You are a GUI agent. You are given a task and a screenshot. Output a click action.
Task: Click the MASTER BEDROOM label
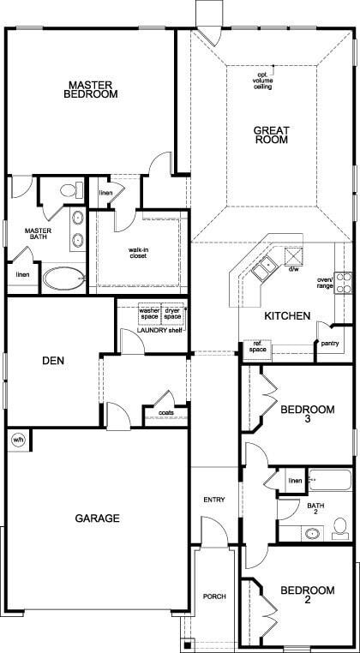(93, 89)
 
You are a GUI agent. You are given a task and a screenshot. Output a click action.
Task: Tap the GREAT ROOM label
(271, 135)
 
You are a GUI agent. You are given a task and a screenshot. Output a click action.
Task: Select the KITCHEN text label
(286, 316)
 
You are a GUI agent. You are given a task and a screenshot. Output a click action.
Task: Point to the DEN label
(53, 361)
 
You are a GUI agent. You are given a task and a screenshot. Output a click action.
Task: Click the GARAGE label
(96, 518)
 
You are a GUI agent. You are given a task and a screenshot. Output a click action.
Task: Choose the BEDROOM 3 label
(306, 416)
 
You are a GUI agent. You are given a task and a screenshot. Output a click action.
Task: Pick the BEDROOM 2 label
(306, 596)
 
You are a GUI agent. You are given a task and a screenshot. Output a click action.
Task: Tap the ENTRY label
(213, 500)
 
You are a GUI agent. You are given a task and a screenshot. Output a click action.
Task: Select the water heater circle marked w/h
(17, 440)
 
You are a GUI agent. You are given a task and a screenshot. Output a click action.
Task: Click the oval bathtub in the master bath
(63, 278)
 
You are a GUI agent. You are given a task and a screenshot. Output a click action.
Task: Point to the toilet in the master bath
(71, 189)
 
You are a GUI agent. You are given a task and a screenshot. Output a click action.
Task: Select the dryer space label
(173, 313)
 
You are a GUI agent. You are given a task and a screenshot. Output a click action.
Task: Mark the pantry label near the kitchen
(330, 344)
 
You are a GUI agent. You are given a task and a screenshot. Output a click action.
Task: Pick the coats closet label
(166, 412)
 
